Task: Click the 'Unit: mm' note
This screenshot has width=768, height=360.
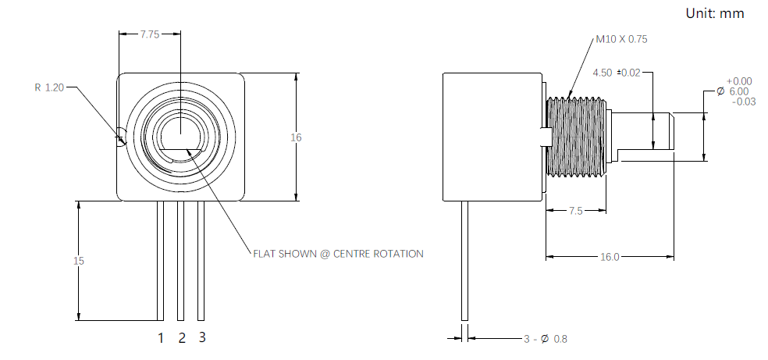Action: point(715,13)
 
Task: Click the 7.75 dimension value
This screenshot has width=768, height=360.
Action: point(149,34)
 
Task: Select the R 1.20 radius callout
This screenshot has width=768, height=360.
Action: point(49,87)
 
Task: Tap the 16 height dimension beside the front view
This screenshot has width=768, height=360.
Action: point(296,137)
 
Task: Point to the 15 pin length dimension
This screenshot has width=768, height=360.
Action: point(78,261)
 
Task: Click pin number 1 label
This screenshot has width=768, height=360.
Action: point(161,338)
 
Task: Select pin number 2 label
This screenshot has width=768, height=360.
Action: point(182,338)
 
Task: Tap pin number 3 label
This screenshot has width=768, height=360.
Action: point(202,337)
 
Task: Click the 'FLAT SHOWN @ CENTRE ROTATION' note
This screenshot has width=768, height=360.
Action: point(338,254)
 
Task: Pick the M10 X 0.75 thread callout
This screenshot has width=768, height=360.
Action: point(621,39)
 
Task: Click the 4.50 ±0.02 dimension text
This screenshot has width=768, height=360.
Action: point(616,73)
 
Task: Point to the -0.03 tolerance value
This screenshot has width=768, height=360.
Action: point(744,102)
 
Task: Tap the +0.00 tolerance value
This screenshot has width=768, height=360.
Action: point(739,80)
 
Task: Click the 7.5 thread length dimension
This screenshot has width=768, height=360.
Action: point(575,211)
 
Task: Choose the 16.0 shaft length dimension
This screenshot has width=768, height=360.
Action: point(610,257)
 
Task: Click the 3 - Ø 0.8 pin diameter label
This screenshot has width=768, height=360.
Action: point(545,338)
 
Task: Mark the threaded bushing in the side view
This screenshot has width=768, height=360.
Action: point(576,137)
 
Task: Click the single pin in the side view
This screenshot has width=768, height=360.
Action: point(465,261)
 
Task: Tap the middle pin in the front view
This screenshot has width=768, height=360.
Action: point(181,261)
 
